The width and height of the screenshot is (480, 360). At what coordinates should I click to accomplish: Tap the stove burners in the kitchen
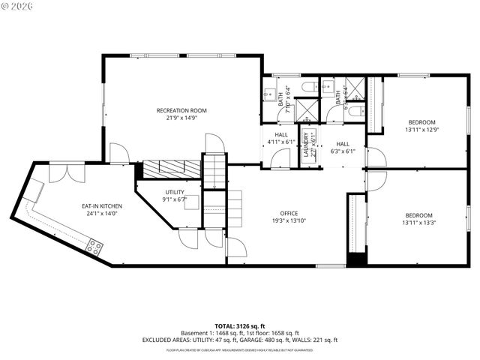(95, 244)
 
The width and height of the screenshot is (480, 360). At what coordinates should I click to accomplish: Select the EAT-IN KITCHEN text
(102, 206)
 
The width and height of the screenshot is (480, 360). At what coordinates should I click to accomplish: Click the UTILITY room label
(175, 192)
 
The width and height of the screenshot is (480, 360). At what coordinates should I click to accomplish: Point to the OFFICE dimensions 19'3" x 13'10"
(289, 221)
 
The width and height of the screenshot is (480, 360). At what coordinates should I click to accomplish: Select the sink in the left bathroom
(270, 94)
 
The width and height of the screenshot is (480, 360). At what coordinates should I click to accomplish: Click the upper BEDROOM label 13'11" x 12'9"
(421, 122)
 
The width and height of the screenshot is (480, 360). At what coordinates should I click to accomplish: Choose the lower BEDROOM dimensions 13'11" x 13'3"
(421, 222)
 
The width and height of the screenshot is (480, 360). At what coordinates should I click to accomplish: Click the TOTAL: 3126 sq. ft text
(240, 326)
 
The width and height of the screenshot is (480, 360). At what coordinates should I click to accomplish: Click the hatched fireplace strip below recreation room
(172, 169)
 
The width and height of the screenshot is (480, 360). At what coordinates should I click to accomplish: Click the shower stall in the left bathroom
(306, 111)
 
